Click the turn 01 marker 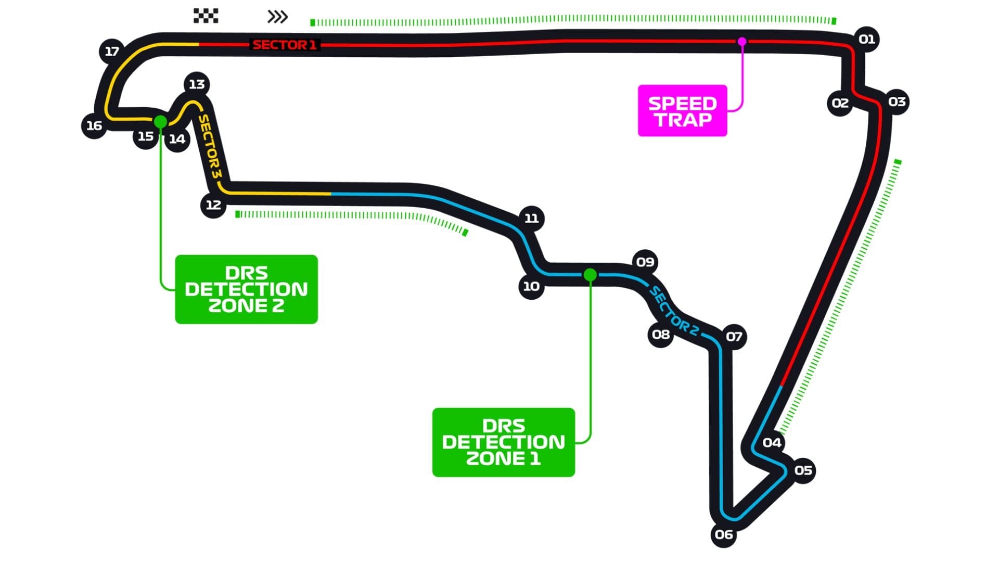[866, 39]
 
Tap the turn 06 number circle [724, 534]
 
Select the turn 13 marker [197, 84]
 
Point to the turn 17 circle [112, 51]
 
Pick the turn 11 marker [531, 218]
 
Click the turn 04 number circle [772, 442]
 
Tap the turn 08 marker [661, 334]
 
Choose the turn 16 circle [94, 125]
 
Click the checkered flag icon [206, 16]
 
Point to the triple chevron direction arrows [277, 17]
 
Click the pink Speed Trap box [682, 111]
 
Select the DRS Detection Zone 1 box [504, 442]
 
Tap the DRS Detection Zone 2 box [247, 289]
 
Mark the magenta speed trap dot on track [742, 42]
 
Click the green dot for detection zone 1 [590, 274]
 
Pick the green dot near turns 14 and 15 [160, 122]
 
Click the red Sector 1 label [285, 45]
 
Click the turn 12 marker [213, 205]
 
